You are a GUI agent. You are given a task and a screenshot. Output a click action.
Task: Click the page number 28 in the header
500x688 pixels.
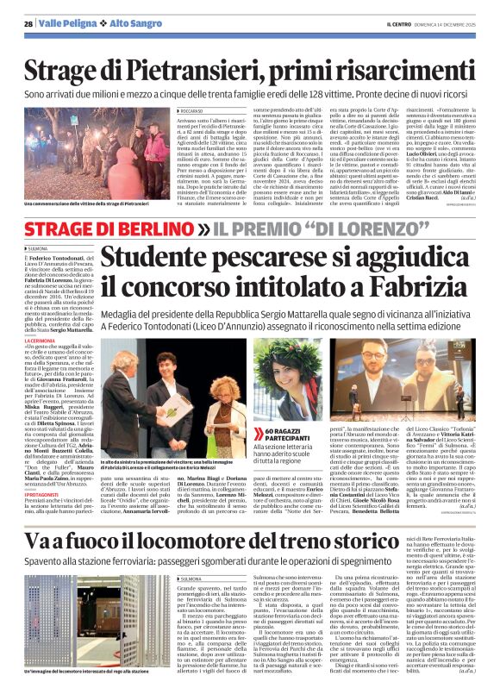28,24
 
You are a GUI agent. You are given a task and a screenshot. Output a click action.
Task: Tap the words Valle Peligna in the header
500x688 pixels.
66,24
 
